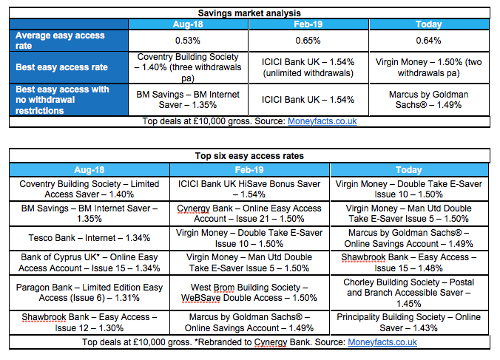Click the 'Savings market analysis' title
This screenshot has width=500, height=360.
click(x=249, y=13)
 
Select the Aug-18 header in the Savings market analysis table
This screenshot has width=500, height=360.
click(x=188, y=24)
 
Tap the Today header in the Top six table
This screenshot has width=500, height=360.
click(x=409, y=170)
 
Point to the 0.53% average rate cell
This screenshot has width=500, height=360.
click(x=188, y=41)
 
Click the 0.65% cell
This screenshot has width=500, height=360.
click(x=308, y=41)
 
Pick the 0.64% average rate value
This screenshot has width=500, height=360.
click(x=428, y=41)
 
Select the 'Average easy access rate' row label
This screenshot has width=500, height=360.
click(x=60, y=41)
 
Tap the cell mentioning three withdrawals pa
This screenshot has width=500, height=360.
click(x=188, y=67)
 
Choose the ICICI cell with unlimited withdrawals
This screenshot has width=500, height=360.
click(x=308, y=67)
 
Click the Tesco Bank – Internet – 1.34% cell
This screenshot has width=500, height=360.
click(x=89, y=238)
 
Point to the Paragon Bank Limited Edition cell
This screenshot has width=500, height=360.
click(x=89, y=293)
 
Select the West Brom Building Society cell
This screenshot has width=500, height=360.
click(x=249, y=293)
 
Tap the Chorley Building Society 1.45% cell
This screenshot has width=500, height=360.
click(x=409, y=293)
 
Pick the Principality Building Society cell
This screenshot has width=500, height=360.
click(x=409, y=322)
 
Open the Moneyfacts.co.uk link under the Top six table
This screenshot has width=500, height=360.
click(x=382, y=342)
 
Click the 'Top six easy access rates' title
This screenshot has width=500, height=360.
click(x=249, y=156)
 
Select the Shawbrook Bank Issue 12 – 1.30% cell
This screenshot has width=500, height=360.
click(x=89, y=322)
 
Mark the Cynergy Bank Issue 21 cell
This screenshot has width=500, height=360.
click(x=249, y=214)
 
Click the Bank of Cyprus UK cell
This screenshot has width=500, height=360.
click(x=89, y=262)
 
